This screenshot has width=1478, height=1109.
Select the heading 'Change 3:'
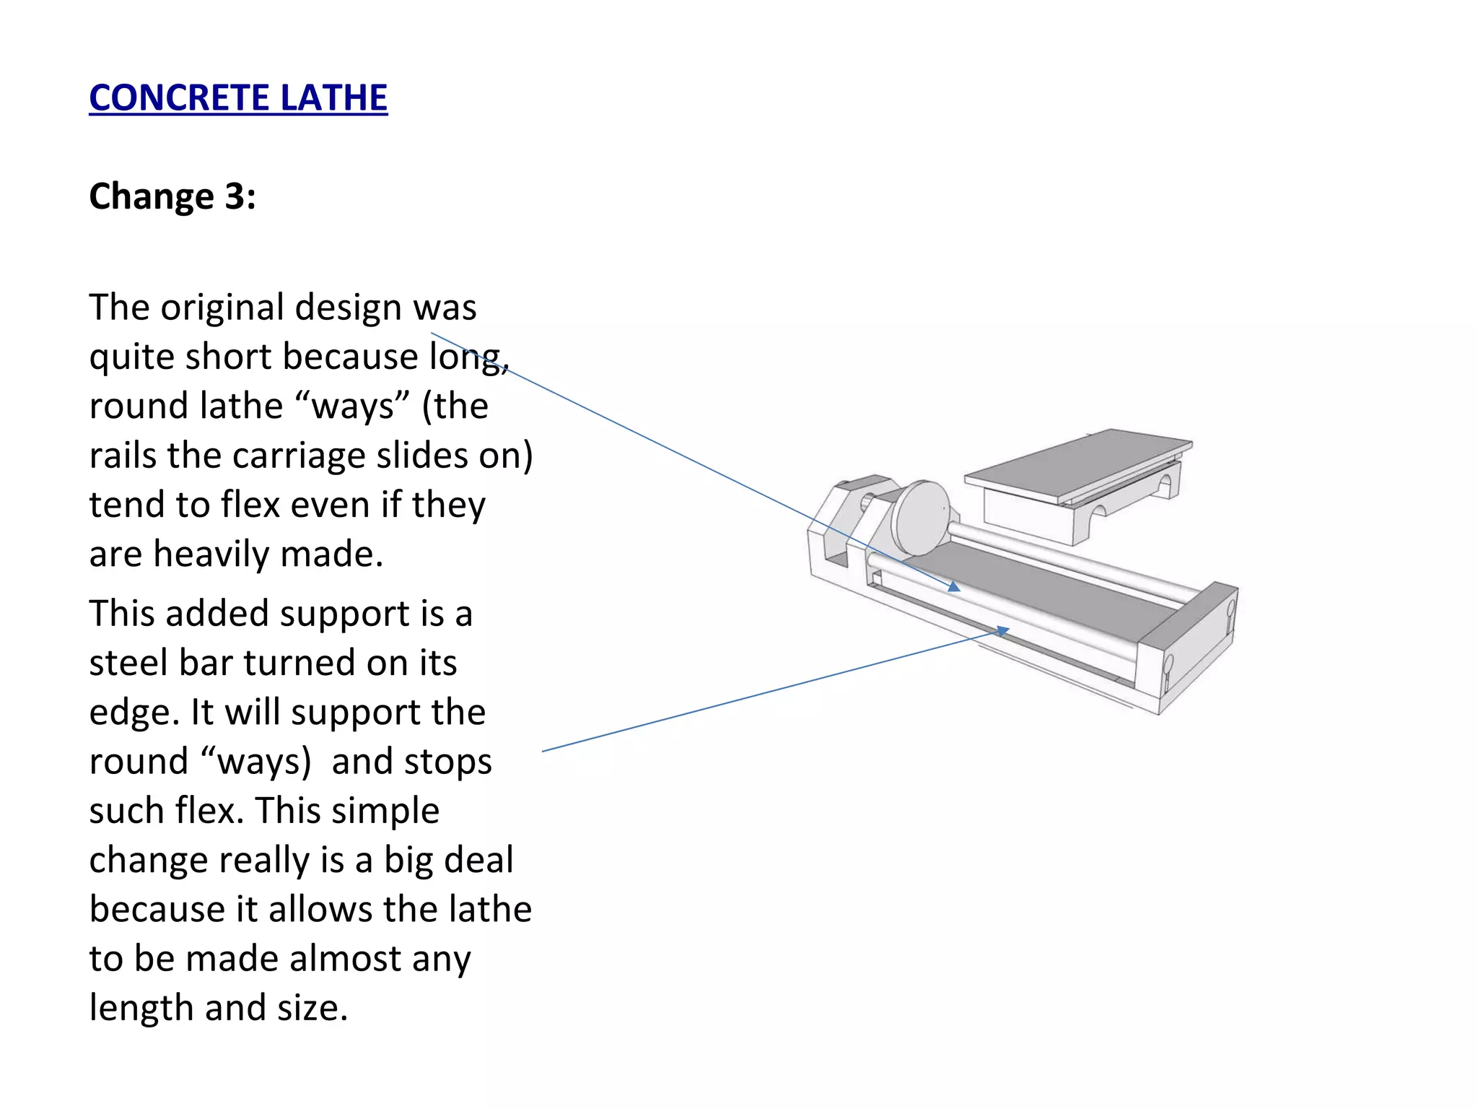click(x=172, y=196)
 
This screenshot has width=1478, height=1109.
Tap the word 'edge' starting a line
click(x=131, y=713)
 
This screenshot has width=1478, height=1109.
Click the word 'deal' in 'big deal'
click(x=478, y=861)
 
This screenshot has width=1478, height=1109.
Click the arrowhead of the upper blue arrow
click(x=954, y=587)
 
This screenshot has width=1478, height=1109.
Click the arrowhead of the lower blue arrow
click(x=1002, y=632)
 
